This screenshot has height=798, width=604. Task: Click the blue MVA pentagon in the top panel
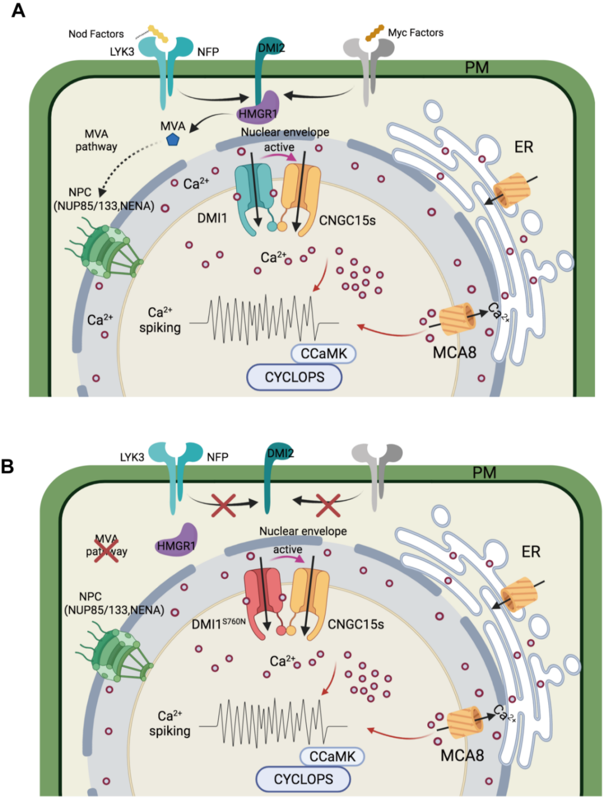172,139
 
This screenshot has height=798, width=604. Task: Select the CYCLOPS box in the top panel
294,377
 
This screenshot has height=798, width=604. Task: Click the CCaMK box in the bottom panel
332,756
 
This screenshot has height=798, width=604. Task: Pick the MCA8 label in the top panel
454,353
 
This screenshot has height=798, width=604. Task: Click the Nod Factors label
96,34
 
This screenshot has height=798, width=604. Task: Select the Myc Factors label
415,33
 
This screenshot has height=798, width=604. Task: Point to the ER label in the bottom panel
531,552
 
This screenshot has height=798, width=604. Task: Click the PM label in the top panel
476,68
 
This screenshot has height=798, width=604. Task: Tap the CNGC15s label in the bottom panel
355,624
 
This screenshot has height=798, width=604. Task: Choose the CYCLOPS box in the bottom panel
303,779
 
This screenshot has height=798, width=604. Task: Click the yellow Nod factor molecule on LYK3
158,34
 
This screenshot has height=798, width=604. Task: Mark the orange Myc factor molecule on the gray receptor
374,33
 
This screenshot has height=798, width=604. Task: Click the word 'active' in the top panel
279,147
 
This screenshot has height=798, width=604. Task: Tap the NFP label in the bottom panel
218,457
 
